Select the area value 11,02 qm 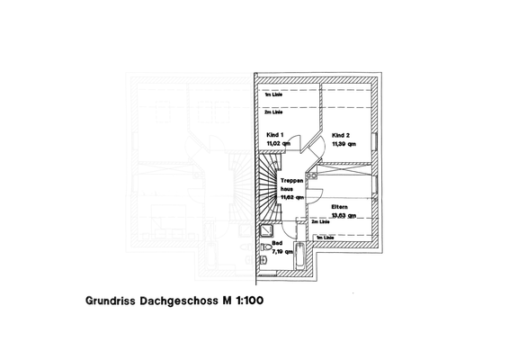point(278,143)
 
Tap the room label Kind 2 point(340,135)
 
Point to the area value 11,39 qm point(344,143)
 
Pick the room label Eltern point(339,207)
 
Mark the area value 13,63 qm point(344,216)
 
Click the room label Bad point(276,244)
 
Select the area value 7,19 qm point(282,253)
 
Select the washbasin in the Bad point(263,258)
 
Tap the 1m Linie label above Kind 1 point(272,94)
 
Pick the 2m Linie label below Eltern point(321,220)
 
